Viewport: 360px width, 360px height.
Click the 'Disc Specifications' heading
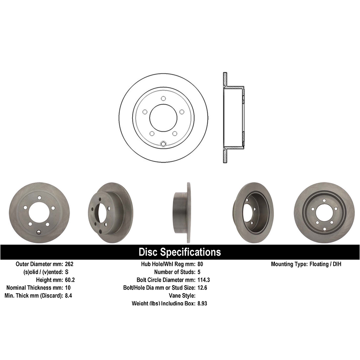coord(180,252)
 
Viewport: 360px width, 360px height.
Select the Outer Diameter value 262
coord(69,264)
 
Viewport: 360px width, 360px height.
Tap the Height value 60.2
coord(70,280)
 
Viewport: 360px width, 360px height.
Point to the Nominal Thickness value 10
coord(68,288)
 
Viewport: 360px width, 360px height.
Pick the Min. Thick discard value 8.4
coord(68,296)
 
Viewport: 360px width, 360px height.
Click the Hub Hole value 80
coord(200,264)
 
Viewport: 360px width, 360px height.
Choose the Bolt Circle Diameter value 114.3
coord(203,280)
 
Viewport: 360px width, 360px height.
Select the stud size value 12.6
coord(202,288)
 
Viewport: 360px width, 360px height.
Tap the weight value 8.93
coord(202,303)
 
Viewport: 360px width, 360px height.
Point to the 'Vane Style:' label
coord(181,296)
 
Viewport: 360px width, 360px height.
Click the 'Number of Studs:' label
coord(174,272)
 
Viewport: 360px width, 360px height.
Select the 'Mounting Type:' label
coord(288,264)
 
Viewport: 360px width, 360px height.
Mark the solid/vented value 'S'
coord(66,272)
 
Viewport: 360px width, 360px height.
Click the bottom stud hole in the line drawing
coord(163,144)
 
